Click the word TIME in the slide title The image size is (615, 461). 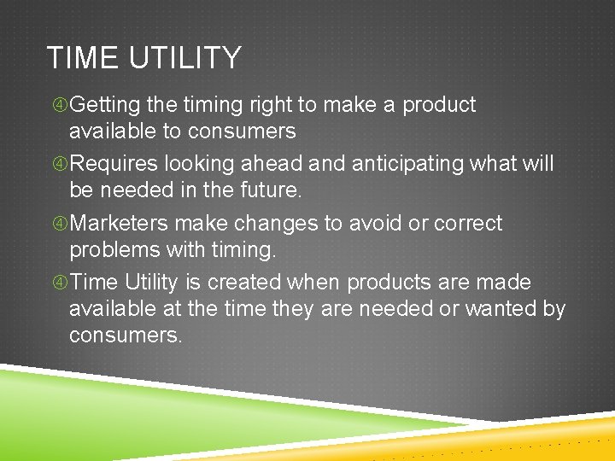tap(80, 58)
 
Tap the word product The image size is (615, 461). tap(439, 105)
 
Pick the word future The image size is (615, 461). tap(272, 190)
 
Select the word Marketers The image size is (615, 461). tap(120, 224)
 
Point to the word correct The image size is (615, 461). tap(468, 224)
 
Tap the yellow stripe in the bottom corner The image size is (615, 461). tap(555, 435)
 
